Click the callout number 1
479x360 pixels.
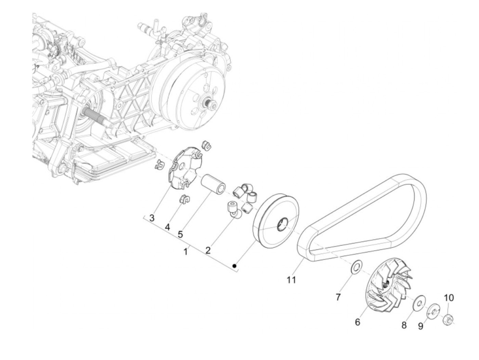186,252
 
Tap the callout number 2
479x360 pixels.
208,250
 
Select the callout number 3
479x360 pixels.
152,218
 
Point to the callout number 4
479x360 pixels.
167,227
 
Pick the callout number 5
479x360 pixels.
180,234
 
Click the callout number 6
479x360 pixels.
358,322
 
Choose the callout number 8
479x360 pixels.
404,325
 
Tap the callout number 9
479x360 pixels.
420,326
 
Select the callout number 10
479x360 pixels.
449,298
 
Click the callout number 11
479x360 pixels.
291,280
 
